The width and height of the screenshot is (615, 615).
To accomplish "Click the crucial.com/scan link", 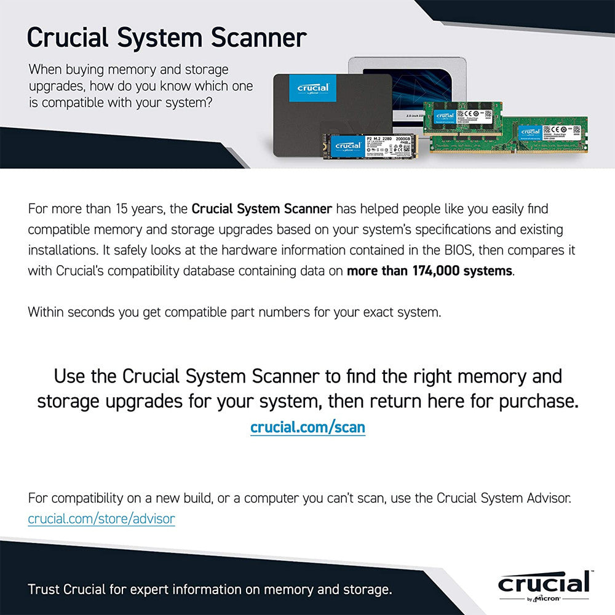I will point(307,427).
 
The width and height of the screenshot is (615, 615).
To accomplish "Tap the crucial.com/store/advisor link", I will point(101,519).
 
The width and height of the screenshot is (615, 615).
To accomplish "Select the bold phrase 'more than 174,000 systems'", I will point(429,271).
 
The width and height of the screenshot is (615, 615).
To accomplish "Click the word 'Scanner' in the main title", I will point(259,38).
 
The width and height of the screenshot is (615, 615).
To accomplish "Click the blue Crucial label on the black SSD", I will point(312,87).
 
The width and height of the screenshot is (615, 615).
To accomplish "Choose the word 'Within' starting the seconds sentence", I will point(46,312).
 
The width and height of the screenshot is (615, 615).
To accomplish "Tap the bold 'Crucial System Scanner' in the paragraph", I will point(262,209).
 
